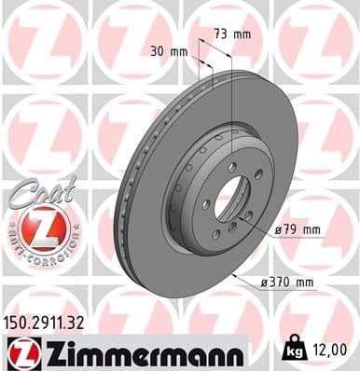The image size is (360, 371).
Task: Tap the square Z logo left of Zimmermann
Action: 20,351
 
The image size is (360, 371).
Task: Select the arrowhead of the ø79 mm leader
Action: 244,215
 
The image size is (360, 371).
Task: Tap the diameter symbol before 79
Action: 277,228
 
